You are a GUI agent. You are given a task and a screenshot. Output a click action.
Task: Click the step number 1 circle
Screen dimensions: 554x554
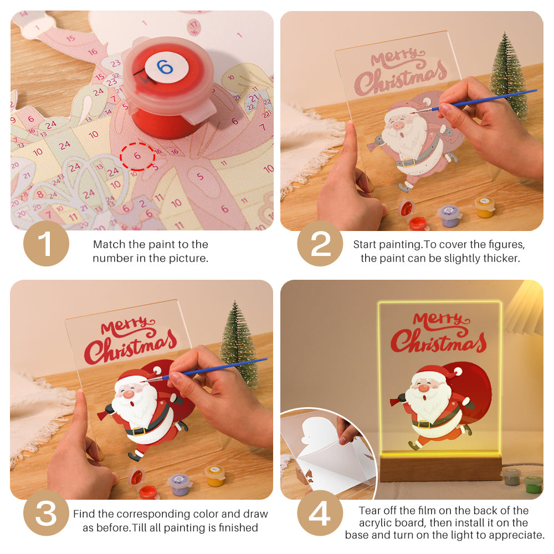[46, 243]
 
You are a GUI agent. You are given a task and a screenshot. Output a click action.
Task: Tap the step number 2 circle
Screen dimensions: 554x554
[320, 243]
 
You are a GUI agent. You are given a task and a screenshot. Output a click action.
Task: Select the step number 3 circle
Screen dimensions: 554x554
[46, 514]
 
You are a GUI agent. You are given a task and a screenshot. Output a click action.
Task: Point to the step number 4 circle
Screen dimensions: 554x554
[320, 514]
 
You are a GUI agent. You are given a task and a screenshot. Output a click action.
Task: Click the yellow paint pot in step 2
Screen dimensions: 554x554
[484, 207]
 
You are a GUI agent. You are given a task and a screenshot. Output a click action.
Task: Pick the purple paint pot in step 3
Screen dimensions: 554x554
[179, 484]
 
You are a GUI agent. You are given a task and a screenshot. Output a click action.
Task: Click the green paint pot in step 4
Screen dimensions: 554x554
[533, 484]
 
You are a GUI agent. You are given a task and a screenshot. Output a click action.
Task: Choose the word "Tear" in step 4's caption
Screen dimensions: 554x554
[370, 510]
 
